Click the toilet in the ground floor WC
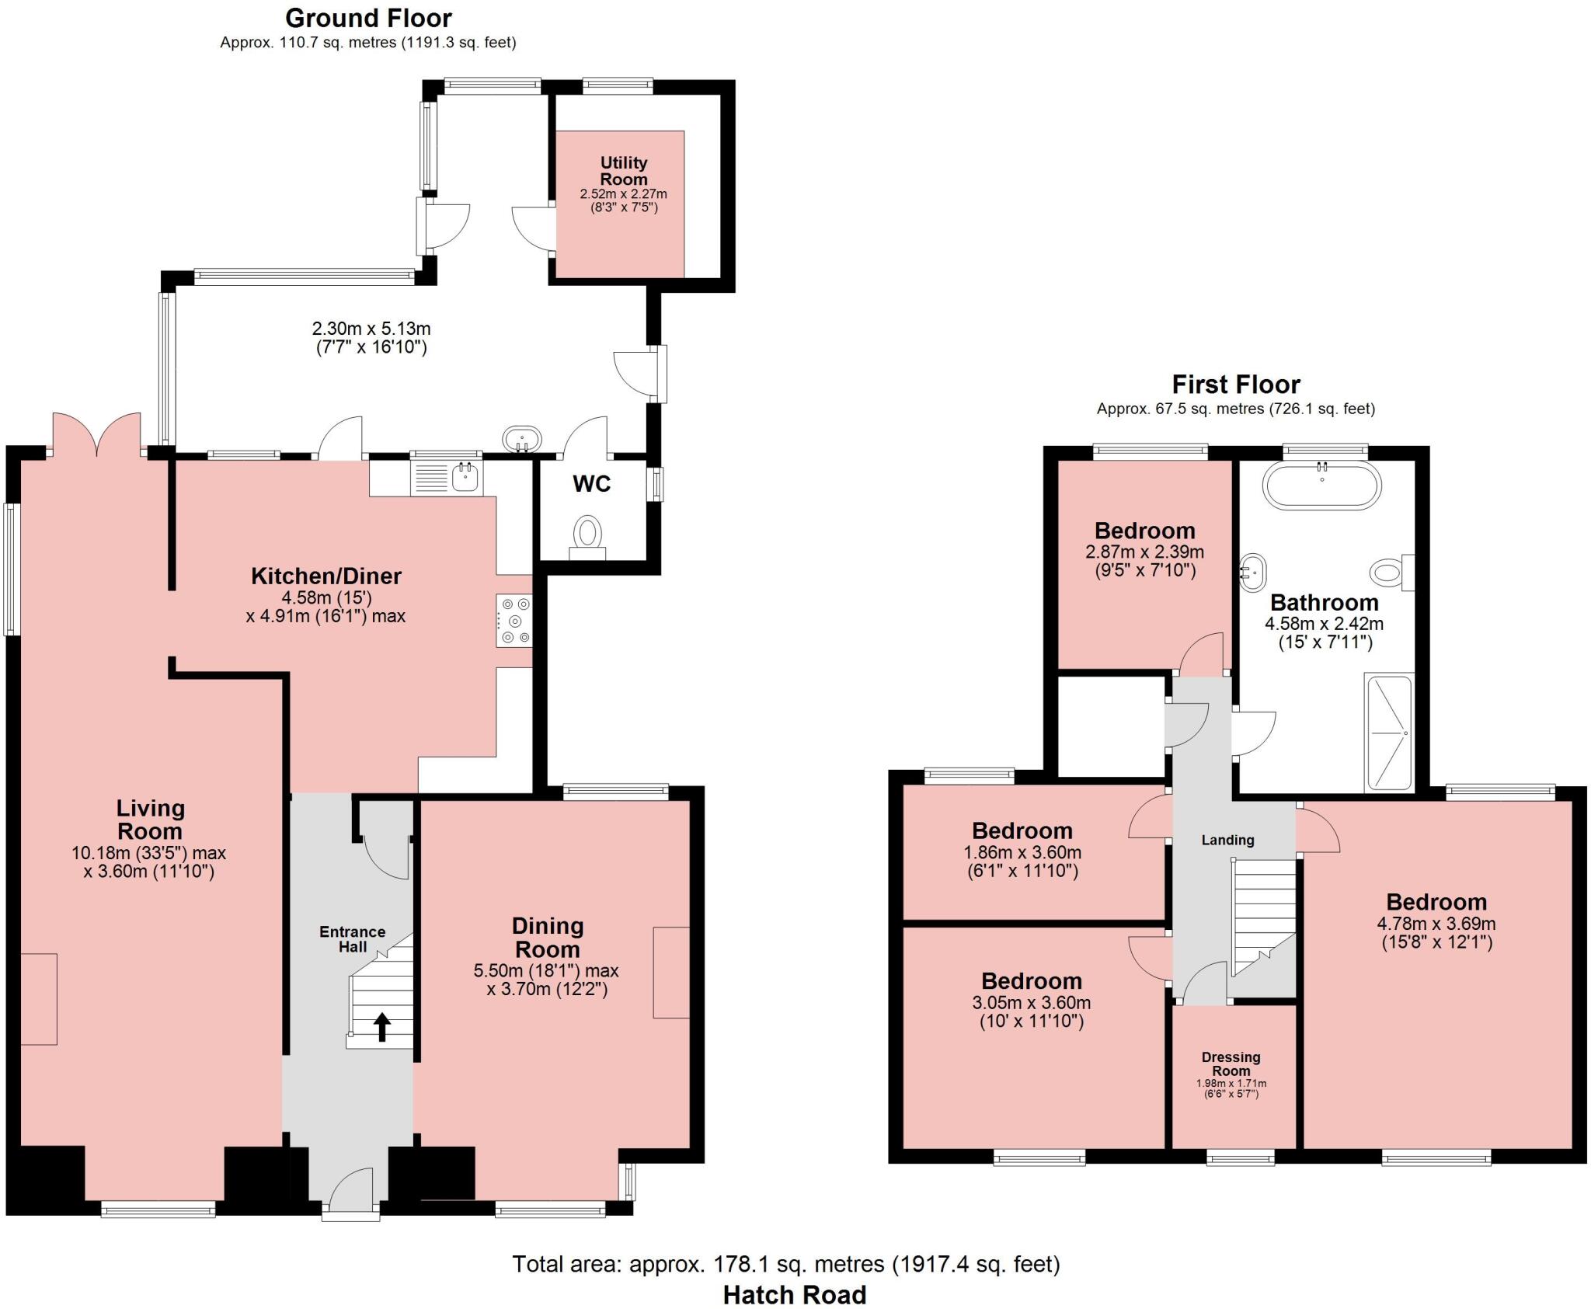[588, 537]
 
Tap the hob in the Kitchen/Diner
[514, 620]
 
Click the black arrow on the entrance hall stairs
[381, 1026]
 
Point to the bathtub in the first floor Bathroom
[1322, 485]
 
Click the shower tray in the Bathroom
[1388, 732]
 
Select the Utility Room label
[623, 171]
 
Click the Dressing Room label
[1231, 1064]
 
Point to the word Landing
[1227, 840]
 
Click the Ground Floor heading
[368, 18]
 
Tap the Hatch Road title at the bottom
[794, 1294]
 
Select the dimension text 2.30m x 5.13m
[371, 329]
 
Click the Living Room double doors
[97, 435]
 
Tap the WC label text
[592, 484]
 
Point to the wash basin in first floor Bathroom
[1252, 573]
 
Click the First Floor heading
[1235, 385]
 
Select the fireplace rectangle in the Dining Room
[671, 972]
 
